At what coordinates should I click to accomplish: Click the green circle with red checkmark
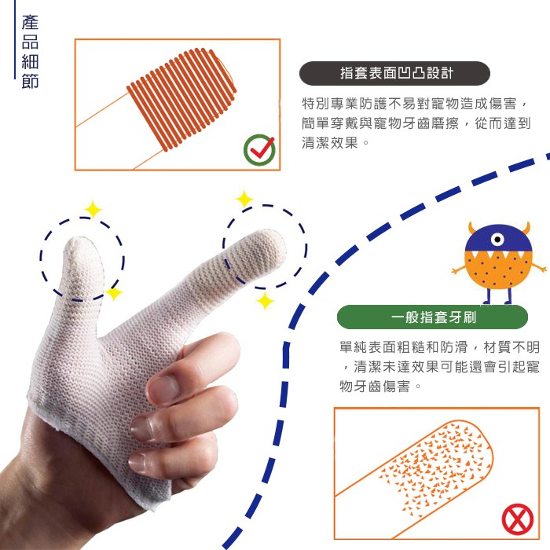[x=259, y=150]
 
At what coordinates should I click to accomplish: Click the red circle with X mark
[x=517, y=520]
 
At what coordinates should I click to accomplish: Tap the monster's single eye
[x=497, y=240]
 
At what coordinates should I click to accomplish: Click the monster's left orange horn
[x=472, y=229]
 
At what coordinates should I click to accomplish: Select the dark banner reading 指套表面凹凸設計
[x=394, y=73]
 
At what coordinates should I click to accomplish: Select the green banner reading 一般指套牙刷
[x=432, y=317]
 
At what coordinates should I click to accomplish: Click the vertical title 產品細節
[x=30, y=51]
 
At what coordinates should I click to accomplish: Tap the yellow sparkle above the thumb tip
[x=93, y=210]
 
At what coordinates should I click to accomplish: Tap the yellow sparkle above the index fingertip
[x=244, y=199]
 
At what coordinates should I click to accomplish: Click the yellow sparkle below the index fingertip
[x=265, y=301]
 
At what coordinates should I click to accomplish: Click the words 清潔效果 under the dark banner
[x=330, y=143]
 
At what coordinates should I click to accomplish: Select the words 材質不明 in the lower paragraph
[x=511, y=347]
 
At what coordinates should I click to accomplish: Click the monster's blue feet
[x=497, y=302]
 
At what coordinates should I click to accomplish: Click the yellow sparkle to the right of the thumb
[x=114, y=293]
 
